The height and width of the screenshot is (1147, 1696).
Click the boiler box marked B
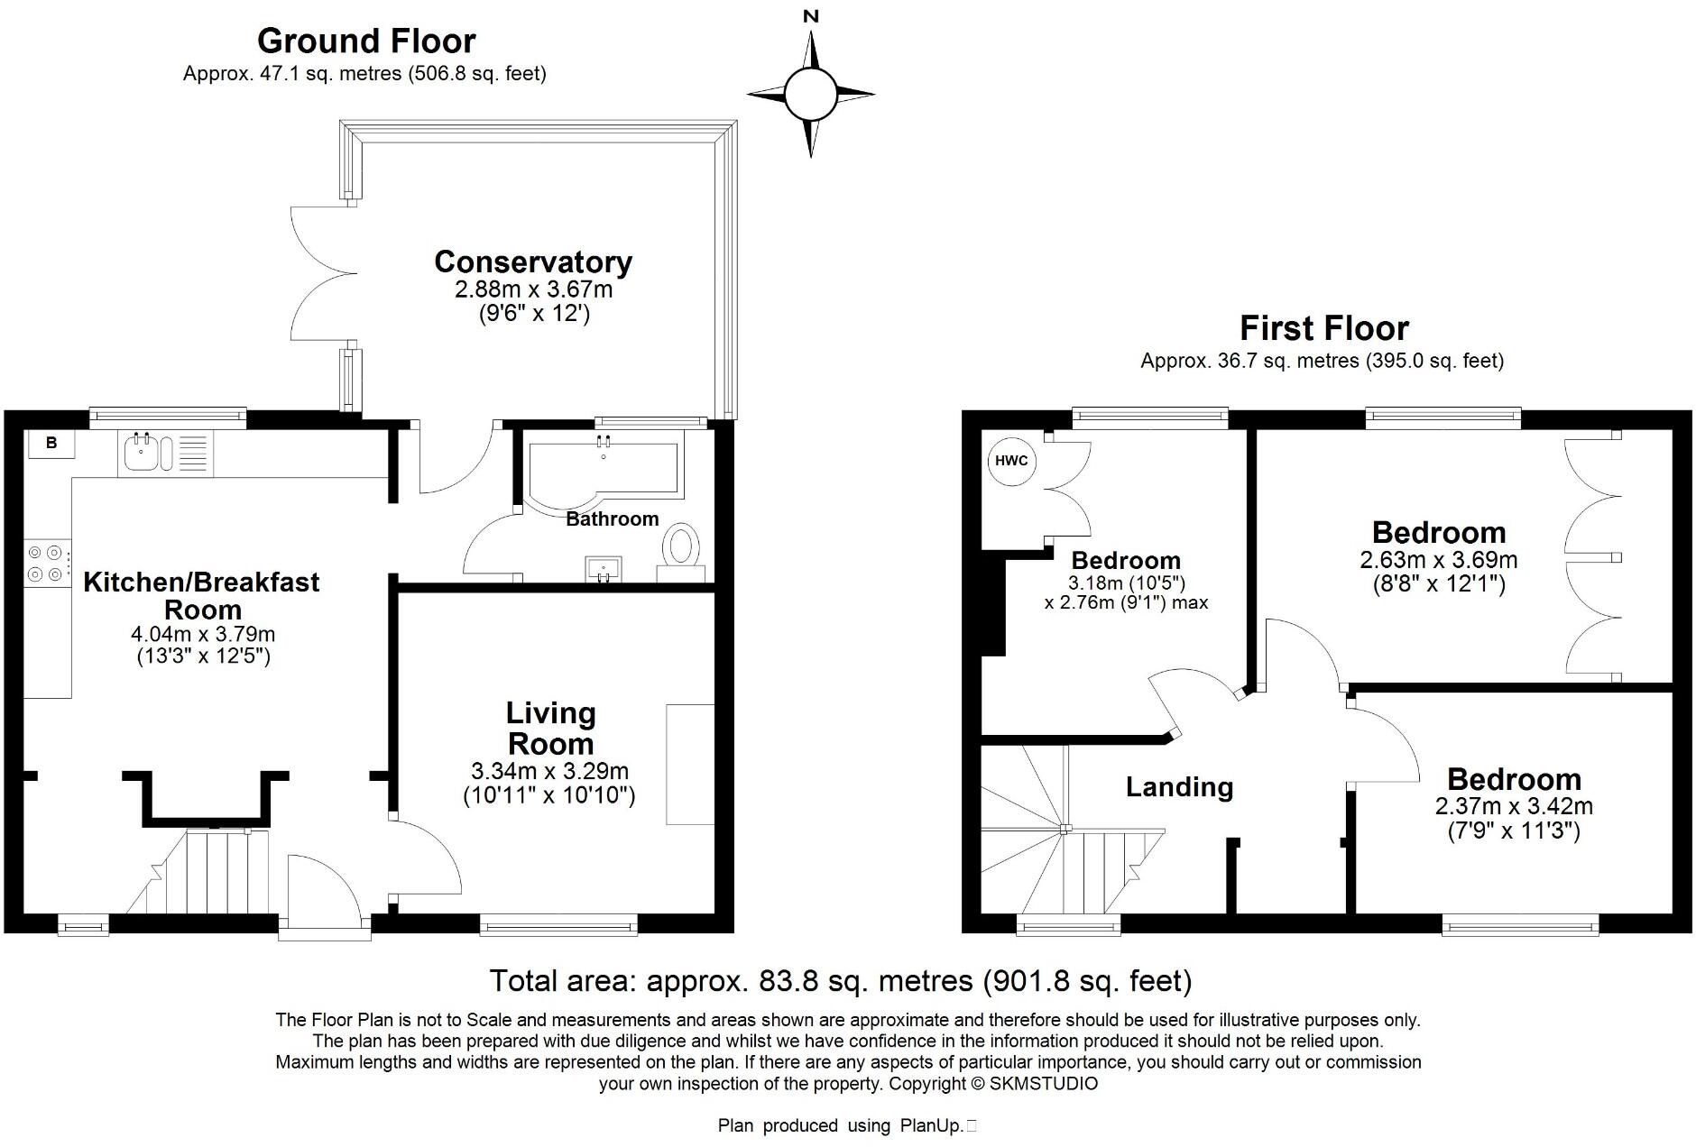click(x=51, y=443)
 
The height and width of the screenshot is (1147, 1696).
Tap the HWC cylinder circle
click(x=1010, y=461)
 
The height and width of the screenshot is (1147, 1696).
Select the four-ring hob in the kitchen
click(x=45, y=562)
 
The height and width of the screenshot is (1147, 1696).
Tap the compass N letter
click(x=811, y=15)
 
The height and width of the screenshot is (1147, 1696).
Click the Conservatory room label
click(x=532, y=262)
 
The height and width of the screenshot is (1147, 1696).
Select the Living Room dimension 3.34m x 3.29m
click(x=549, y=771)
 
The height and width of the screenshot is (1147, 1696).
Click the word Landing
click(x=1179, y=786)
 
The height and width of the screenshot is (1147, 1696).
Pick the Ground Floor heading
click(x=365, y=41)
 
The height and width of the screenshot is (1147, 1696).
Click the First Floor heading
click(x=1323, y=327)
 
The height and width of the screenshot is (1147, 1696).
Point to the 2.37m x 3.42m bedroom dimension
click(x=1513, y=805)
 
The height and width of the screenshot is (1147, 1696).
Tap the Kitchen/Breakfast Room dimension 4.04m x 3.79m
click(x=203, y=634)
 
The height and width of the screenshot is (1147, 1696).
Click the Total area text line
click(x=840, y=980)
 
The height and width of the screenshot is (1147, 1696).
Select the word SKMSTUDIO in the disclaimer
click(x=1044, y=1084)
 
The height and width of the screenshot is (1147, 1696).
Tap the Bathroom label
click(x=612, y=518)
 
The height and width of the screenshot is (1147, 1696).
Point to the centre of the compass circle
click(x=810, y=93)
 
